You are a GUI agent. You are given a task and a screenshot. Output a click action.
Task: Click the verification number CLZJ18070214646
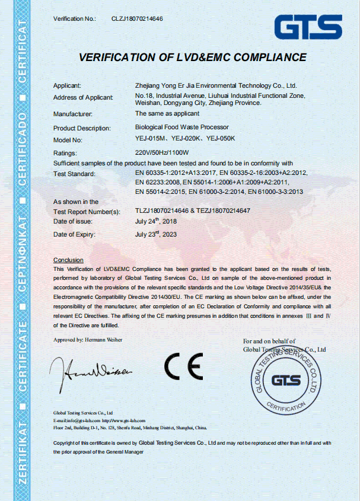[x=137, y=19]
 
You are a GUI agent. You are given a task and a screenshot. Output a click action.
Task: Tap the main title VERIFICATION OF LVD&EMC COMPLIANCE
[x=193, y=58]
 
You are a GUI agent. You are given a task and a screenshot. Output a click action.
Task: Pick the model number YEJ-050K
[x=221, y=139]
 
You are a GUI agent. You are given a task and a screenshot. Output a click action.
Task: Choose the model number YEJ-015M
[x=151, y=139]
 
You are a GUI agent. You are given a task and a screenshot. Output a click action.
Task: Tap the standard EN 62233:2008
[x=157, y=183]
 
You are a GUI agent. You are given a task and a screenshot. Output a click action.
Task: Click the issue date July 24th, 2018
[x=155, y=221]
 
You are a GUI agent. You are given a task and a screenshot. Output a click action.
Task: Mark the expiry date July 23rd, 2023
[x=155, y=234]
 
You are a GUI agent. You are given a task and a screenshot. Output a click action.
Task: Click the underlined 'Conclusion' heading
[x=68, y=260]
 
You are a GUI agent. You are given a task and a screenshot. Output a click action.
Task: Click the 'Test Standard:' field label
[x=74, y=174]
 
